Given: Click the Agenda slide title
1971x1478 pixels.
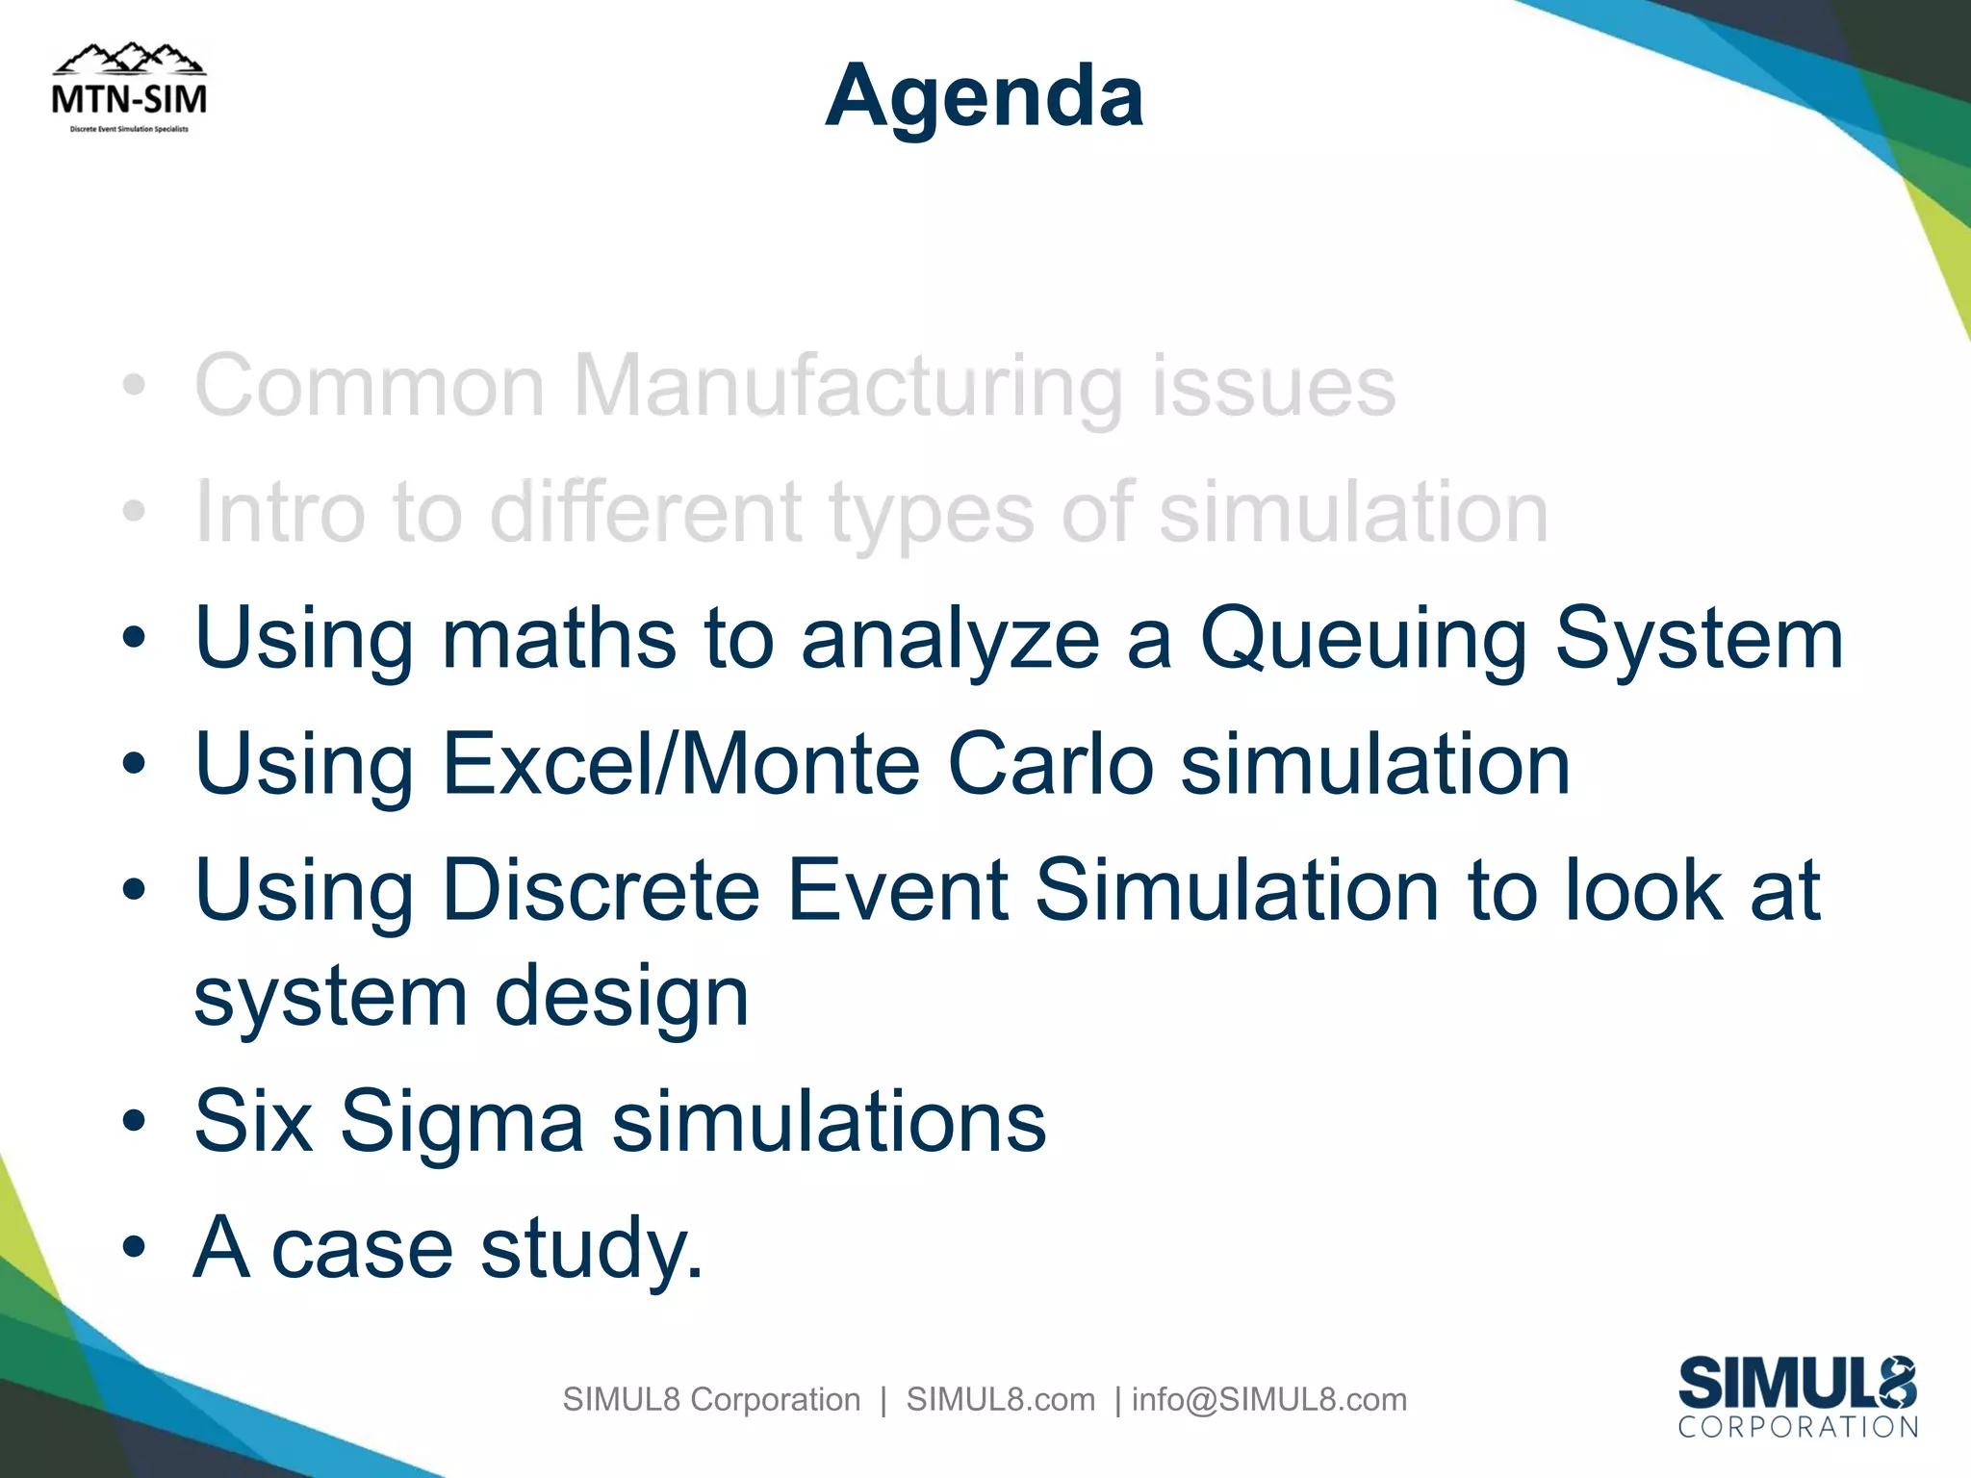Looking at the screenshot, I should tap(985, 96).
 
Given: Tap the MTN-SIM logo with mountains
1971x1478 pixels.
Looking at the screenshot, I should tap(129, 89).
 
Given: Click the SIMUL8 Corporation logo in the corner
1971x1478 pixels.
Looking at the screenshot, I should tap(1797, 1397).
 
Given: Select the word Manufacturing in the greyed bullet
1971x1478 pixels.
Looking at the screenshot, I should tap(848, 386).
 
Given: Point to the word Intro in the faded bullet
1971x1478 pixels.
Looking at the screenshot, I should tap(280, 512).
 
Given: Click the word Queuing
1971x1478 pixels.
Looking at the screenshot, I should tap(1363, 640).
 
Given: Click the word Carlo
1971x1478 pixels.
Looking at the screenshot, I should tap(1050, 764).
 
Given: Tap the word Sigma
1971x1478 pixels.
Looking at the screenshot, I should tap(461, 1122).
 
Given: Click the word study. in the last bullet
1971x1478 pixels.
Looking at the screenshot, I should tap(591, 1249).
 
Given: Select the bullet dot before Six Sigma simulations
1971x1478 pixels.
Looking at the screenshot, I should tap(135, 1122).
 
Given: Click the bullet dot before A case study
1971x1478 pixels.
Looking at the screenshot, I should tap(135, 1248).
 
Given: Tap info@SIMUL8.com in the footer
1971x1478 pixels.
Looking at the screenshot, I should tap(1268, 1399).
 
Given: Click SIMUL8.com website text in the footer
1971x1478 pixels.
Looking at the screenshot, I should tap(1000, 1399).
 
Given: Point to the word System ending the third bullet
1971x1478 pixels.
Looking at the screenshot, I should tap(1699, 640).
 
